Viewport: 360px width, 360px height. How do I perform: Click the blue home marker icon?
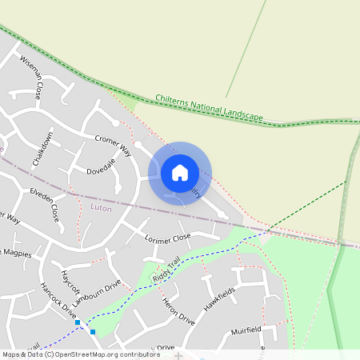pos(180,172)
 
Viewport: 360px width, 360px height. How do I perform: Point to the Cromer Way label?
pos(112,144)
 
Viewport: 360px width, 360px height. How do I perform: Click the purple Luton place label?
pos(102,207)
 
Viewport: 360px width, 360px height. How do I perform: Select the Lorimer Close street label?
pos(168,238)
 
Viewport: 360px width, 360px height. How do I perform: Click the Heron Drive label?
pos(178,307)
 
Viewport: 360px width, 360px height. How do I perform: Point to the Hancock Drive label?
pos(56,302)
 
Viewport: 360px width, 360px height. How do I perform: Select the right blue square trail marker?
pos(93,331)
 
